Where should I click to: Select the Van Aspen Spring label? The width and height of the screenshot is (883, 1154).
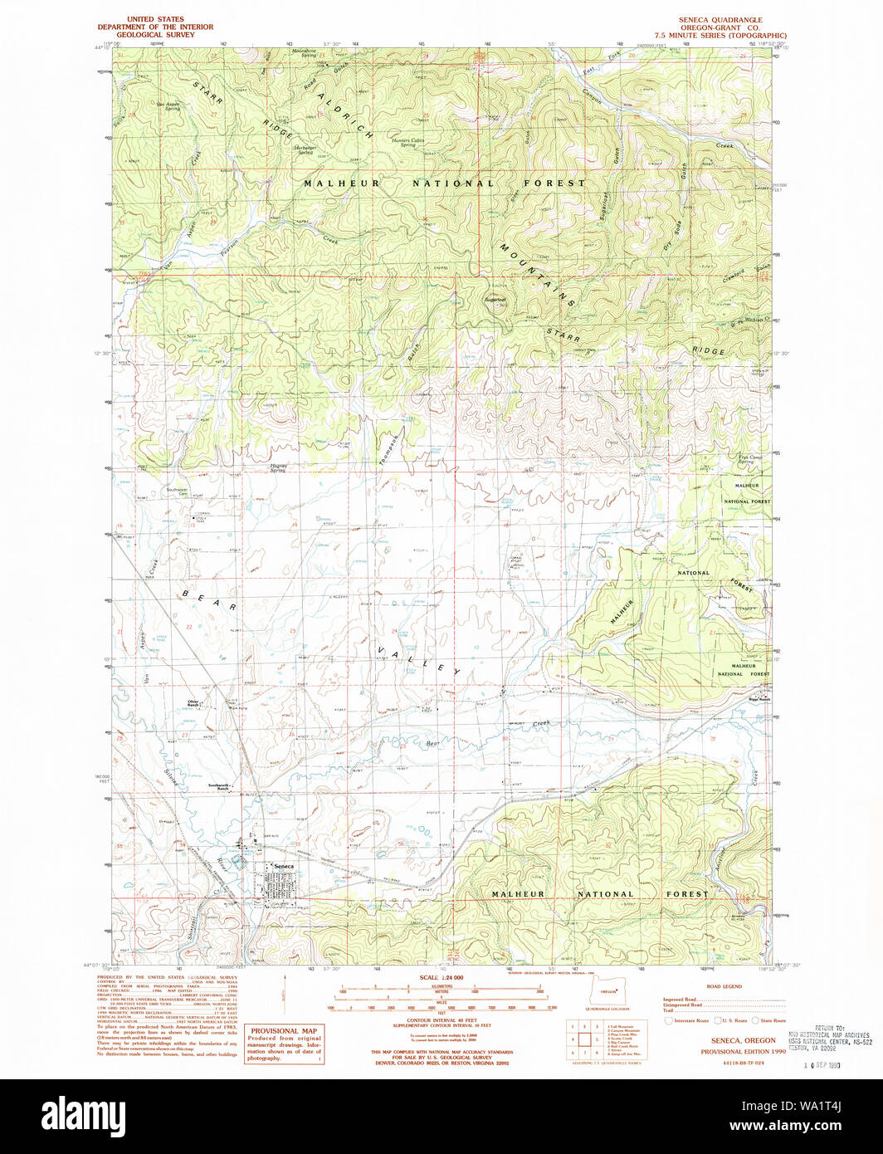pyautogui.click(x=168, y=106)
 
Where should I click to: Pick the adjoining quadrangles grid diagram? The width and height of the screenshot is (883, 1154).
pyautogui.click(x=584, y=1038)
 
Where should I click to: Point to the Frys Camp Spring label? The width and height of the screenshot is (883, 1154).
pyautogui.click(x=746, y=458)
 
